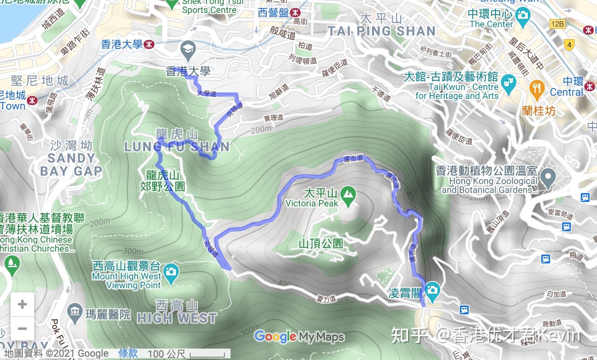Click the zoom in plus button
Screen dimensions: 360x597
coord(22,304)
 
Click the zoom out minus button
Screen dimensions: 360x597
coord(22,328)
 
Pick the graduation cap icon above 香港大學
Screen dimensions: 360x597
coord(188,50)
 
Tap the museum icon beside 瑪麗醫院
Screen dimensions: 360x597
coord(74,312)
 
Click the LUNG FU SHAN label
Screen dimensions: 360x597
coord(177,147)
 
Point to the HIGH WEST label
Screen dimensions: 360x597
coord(177,318)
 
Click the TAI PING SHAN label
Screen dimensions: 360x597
coord(382,31)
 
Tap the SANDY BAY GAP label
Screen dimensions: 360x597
coord(71,164)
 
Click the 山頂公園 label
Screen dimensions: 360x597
coord(321,244)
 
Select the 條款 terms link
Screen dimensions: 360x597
coord(128,353)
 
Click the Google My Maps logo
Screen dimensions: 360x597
coord(299,336)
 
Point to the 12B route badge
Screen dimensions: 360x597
coord(557,24)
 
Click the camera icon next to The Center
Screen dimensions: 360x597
coord(523,16)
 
